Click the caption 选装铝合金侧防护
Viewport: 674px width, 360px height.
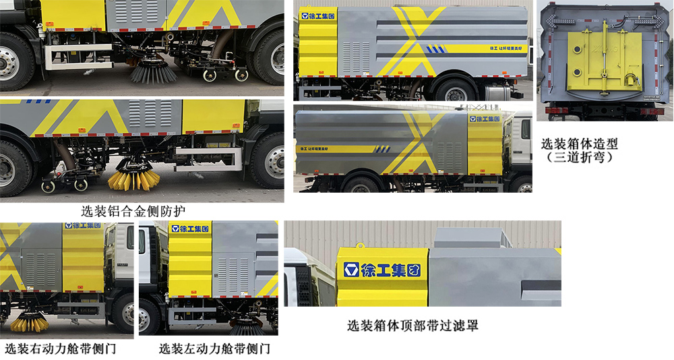pos(133,211)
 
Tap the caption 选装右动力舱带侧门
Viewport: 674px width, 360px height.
pos(61,349)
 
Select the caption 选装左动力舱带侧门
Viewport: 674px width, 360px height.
pos(214,349)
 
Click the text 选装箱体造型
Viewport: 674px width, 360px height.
pos(579,144)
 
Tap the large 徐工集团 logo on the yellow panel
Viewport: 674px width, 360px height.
pos(381,271)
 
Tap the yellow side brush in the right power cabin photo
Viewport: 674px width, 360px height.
pos(30,322)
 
